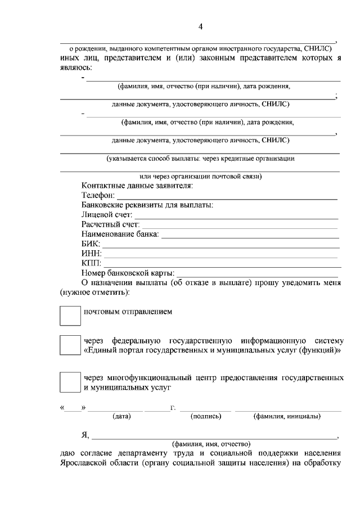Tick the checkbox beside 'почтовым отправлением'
70,316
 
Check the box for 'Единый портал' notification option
70,345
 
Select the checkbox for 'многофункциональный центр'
70,382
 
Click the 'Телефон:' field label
98,195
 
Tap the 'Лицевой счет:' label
106,214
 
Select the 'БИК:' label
91,244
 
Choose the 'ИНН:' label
91,254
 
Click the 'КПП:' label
91,263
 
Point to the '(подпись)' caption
206,417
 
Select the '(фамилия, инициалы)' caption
287,417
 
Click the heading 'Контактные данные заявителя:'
137,185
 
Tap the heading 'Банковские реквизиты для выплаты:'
147,205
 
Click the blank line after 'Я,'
214,436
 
